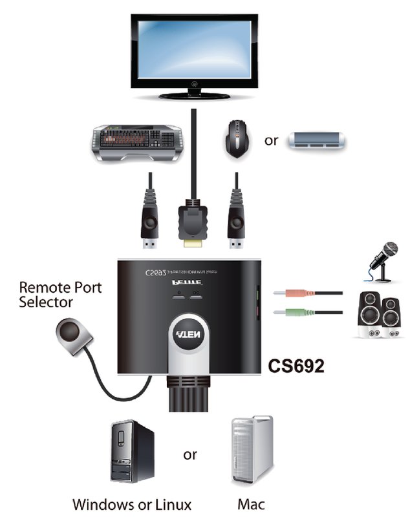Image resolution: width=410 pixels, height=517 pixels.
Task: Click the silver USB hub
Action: click(x=318, y=141)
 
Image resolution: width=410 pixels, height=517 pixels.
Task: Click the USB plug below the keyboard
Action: click(x=151, y=220)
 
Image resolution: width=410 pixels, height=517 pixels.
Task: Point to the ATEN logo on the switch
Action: click(x=191, y=337)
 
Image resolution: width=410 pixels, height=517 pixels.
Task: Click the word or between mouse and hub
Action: click(x=271, y=140)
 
